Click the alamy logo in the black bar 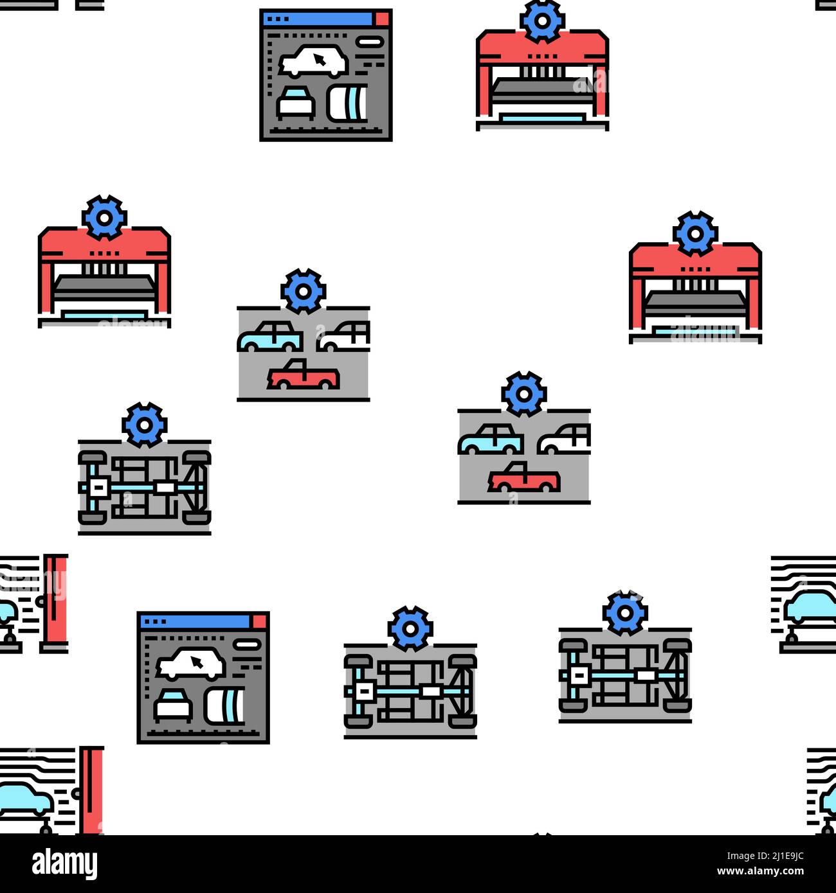pos(65,864)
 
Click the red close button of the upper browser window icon pos(383,19)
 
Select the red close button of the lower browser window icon pos(260,621)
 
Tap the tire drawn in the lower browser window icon pos(224,705)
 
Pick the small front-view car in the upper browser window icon pos(295,103)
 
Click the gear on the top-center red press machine pos(542,21)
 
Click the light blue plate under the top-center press pos(542,118)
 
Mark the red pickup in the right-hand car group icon pos(523,478)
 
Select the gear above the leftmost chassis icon pos(145,425)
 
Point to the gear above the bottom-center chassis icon pos(410,628)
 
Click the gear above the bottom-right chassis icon pos(625,612)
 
